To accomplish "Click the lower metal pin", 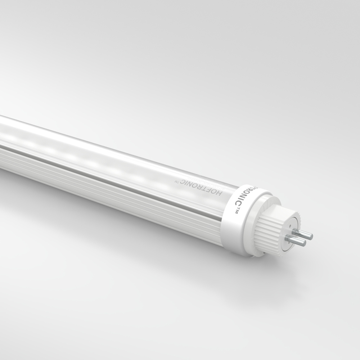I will coord(297,241).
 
